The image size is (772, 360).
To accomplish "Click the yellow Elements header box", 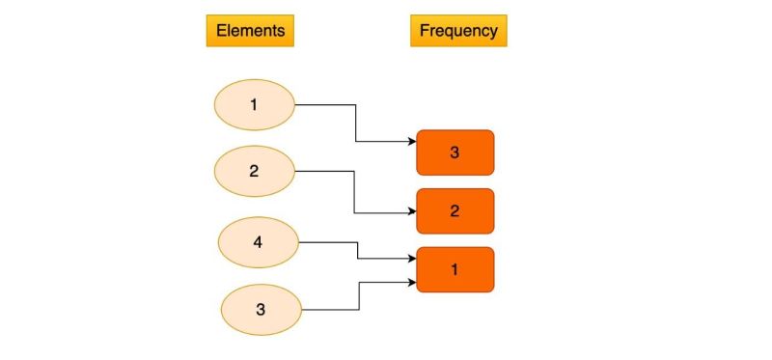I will [x=250, y=31].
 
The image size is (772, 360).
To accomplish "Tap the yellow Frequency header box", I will [x=458, y=31].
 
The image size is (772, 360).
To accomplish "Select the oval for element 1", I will [x=254, y=104].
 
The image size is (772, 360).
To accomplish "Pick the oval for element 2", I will [x=254, y=171].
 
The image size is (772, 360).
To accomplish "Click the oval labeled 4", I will [x=259, y=242].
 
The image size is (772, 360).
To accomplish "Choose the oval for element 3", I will [x=261, y=309].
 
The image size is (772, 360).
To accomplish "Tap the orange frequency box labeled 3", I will [x=455, y=152].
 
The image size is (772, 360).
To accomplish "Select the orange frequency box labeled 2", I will [x=455, y=210].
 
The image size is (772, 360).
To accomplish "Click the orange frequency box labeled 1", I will [x=455, y=269].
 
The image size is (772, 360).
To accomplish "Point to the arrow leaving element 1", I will [x=324, y=104].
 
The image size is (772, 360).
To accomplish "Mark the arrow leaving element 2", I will [x=324, y=172].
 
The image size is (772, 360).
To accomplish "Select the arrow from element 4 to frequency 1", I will [x=328, y=243].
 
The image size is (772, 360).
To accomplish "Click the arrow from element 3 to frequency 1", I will [x=330, y=309].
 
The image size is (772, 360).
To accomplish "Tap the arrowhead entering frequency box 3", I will [x=411, y=142].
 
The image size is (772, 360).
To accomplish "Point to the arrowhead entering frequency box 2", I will [x=411, y=212].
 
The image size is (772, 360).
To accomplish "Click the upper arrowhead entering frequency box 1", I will [x=411, y=259].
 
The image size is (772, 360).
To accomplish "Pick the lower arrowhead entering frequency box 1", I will [x=411, y=282].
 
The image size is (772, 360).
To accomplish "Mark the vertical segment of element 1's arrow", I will [x=356, y=124].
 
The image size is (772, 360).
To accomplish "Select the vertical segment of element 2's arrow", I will [x=356, y=192].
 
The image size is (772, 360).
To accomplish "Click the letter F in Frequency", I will [x=425, y=31].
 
